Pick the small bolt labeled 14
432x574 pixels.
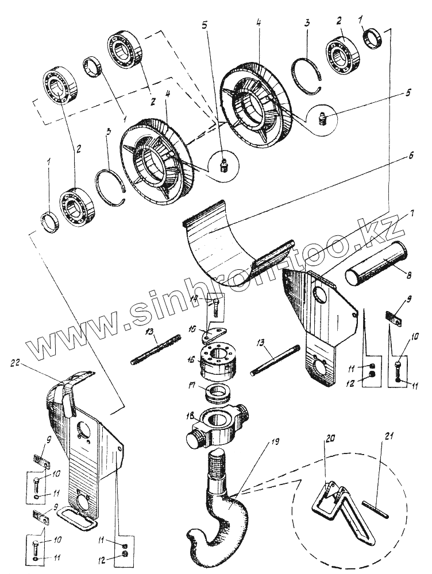click(x=215, y=304)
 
